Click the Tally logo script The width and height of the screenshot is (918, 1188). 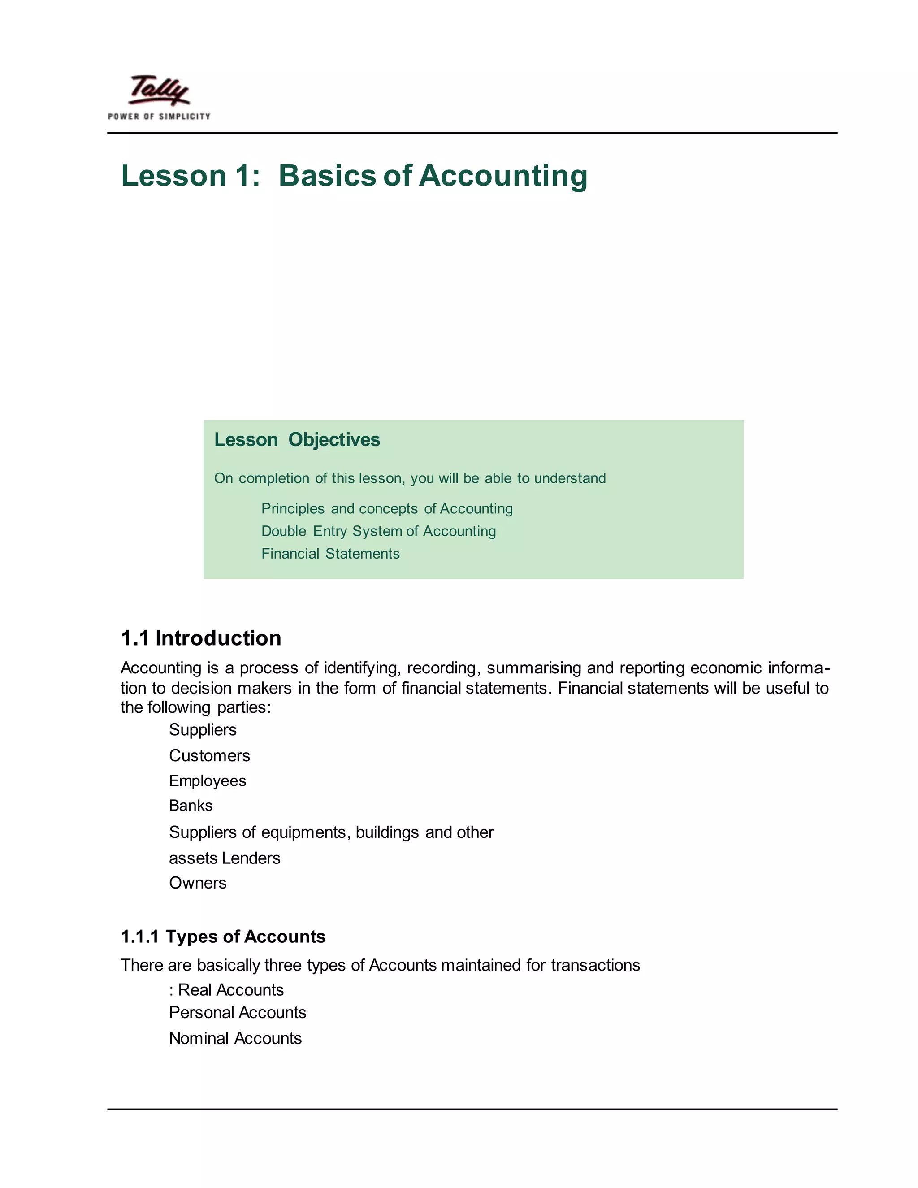point(159,90)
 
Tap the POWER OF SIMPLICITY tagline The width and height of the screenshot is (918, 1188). point(159,117)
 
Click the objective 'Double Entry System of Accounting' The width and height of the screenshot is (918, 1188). point(378,531)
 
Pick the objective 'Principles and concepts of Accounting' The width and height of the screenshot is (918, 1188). point(387,509)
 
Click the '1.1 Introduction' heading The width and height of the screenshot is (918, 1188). point(201,638)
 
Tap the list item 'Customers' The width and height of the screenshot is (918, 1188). point(209,755)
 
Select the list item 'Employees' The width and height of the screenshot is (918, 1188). point(207,780)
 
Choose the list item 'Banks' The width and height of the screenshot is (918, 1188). point(191,806)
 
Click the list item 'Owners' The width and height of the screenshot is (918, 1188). point(197,883)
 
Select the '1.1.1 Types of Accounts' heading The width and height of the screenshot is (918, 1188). point(223,937)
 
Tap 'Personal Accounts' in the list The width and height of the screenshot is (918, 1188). point(238,1012)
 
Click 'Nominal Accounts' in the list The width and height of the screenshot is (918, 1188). point(235,1038)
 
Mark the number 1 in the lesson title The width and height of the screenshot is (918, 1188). point(242,176)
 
